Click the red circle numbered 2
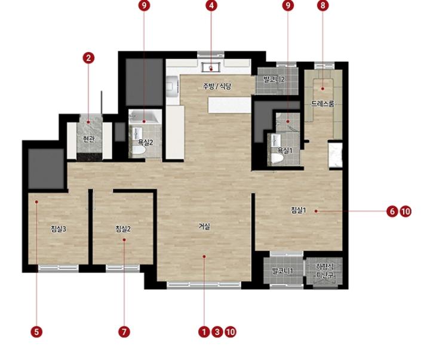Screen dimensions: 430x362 [88, 58]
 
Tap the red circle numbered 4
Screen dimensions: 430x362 [211, 5]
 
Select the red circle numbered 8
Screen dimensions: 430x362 [322, 5]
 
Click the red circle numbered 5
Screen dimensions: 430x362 [36, 332]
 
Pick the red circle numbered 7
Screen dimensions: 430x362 [124, 332]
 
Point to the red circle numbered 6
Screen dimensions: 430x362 [392, 211]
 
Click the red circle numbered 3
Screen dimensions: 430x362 [217, 332]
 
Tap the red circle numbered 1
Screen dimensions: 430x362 [204, 332]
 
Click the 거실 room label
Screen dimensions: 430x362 [205, 226]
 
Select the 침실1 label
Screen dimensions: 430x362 [299, 210]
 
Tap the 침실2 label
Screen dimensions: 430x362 [123, 229]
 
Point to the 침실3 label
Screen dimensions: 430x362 [59, 229]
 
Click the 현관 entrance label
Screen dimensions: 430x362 [89, 139]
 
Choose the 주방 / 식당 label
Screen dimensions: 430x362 [217, 87]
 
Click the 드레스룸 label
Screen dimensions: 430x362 [322, 103]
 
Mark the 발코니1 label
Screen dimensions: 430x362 [282, 271]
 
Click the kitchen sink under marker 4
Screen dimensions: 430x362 [211, 67]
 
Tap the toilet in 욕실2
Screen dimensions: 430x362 [139, 151]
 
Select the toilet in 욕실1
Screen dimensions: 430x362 [278, 158]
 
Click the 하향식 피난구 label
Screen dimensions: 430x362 [325, 271]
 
